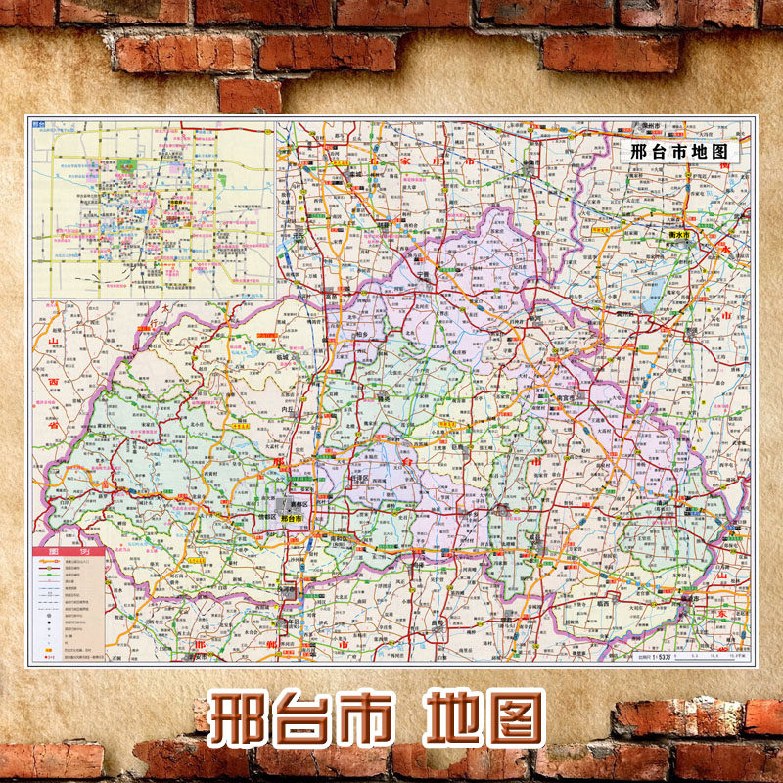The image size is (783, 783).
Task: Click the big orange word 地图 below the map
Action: coord(484,719)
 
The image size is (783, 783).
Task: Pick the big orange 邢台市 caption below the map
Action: coord(304,719)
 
